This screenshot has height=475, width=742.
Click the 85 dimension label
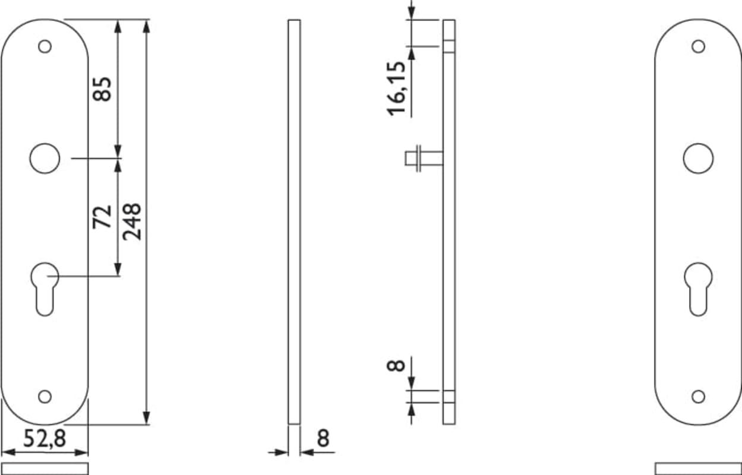102,89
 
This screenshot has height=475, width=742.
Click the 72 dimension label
102,217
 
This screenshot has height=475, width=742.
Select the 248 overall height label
132,221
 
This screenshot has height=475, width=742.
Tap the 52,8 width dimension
45,438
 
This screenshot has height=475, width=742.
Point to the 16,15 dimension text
396,88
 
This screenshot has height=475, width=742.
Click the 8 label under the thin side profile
323,438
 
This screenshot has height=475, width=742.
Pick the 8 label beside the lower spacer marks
396,365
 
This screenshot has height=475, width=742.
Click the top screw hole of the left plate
45,46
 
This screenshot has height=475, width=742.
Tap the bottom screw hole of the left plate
45,397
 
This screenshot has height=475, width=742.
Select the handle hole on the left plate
45,158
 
